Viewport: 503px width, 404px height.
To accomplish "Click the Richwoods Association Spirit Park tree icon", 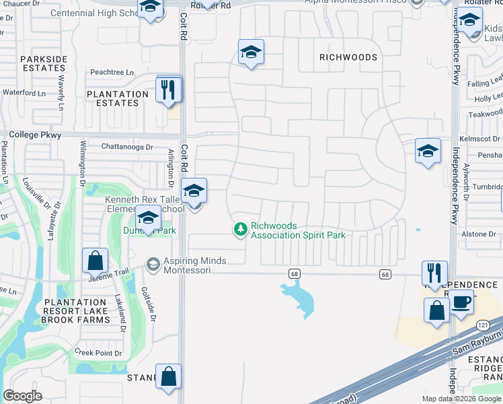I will tap(240, 230).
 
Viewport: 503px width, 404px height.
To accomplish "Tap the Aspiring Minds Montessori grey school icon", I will tap(153, 264).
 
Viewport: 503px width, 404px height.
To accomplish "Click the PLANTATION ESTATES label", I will tap(117, 98).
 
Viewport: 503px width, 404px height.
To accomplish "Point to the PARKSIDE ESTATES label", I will tap(44, 64).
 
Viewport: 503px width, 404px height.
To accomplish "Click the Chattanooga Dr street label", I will tap(127, 147).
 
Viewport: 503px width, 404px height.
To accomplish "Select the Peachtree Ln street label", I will tap(112, 72).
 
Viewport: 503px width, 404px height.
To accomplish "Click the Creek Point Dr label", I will tap(98, 352).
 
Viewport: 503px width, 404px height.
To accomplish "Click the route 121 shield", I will tap(483, 325).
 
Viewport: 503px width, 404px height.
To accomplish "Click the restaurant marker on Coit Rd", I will tap(169, 90).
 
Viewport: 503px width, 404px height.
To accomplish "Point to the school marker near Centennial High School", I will tap(151, 9).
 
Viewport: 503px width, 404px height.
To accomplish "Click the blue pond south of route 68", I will tap(300, 298).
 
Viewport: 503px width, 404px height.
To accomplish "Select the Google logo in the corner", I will tap(22, 396).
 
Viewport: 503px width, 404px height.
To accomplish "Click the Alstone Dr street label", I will tap(479, 234).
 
